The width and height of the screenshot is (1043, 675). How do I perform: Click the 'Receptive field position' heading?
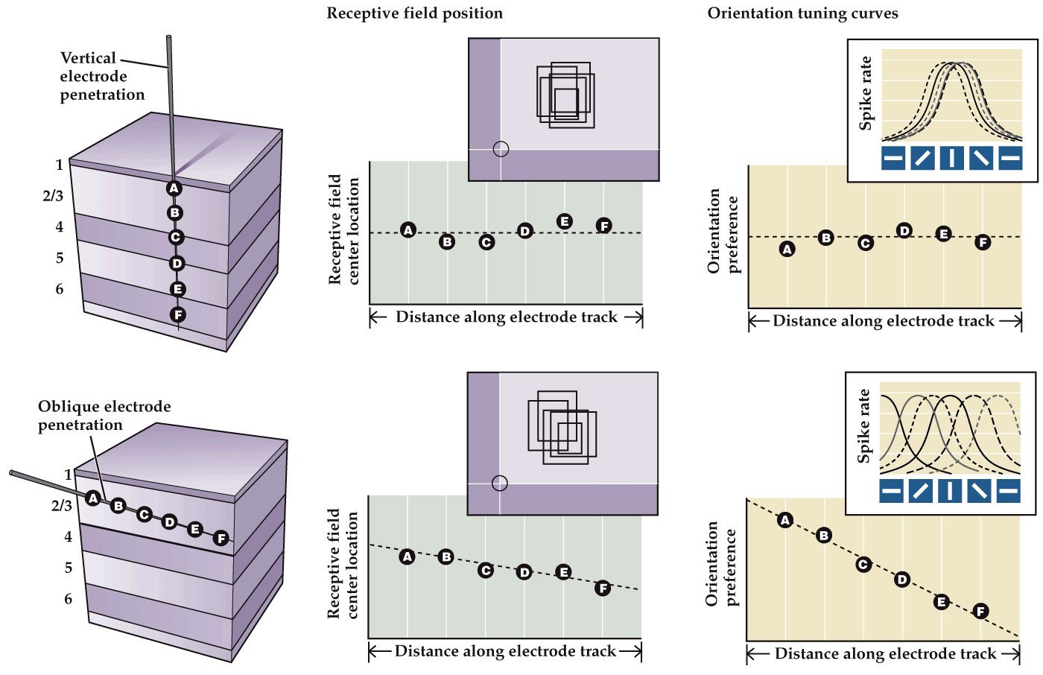tap(414, 13)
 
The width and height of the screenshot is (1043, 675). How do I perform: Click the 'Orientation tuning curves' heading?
tap(802, 13)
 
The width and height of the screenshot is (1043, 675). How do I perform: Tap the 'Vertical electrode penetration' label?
tap(101, 76)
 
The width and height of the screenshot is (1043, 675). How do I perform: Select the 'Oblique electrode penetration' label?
tap(104, 416)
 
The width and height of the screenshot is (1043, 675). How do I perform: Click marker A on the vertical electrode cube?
tap(174, 188)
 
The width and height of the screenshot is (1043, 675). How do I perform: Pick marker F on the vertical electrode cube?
tap(177, 314)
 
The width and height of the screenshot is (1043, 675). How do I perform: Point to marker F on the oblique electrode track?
tap(221, 538)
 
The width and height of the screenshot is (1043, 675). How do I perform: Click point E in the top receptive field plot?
tap(565, 221)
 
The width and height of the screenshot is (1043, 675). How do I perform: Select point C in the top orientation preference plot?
tap(865, 243)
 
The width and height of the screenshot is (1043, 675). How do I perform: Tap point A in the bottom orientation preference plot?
tap(784, 520)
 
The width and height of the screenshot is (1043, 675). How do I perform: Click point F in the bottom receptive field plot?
tap(603, 589)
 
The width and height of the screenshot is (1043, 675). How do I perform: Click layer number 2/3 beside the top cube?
tap(53, 196)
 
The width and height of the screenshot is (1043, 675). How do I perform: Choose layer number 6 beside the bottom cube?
tap(69, 599)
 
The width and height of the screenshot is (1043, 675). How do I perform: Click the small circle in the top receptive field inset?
tap(501, 149)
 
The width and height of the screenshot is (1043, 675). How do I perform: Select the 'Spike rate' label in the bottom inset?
tap(864, 426)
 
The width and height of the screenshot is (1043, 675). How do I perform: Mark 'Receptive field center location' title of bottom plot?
tap(343, 564)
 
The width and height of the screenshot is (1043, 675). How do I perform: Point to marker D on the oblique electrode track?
tap(169, 522)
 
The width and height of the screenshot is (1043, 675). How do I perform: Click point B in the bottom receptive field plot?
tap(446, 557)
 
